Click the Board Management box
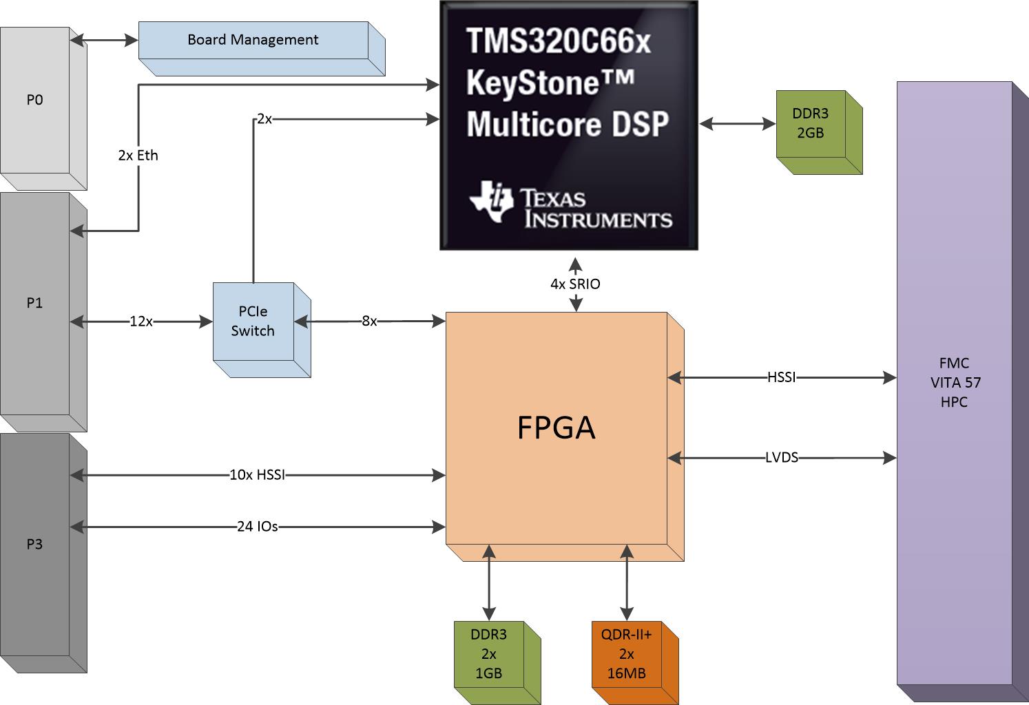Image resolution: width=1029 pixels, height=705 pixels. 253,40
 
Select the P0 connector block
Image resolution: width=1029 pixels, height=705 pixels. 34,100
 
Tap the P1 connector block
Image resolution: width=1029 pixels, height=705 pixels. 34,303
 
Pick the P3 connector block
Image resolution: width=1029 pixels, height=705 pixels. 34,544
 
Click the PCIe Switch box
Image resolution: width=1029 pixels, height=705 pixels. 253,322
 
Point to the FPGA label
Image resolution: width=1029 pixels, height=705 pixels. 556,428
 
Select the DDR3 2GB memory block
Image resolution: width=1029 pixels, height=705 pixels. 810,123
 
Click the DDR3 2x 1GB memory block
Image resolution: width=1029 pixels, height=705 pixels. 488,654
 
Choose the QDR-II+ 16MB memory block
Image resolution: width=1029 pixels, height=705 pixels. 626,654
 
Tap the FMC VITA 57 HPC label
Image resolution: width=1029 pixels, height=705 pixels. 954,382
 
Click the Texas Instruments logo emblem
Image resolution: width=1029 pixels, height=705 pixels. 491,201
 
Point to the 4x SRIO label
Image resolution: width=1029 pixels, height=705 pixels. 575,284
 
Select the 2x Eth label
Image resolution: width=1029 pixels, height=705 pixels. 138,156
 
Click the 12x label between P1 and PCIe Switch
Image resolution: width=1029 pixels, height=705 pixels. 141,321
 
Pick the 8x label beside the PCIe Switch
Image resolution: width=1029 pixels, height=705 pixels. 369,321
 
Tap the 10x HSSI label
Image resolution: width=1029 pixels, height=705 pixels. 257,474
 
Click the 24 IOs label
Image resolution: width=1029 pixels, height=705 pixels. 257,527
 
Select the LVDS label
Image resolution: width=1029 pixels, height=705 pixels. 781,457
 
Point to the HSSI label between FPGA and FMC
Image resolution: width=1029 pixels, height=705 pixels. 781,377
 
